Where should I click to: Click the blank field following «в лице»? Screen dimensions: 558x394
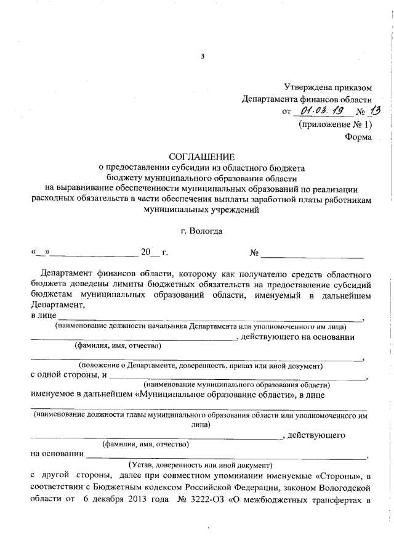[209, 318]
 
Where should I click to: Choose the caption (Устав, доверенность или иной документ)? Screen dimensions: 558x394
[199, 465]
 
